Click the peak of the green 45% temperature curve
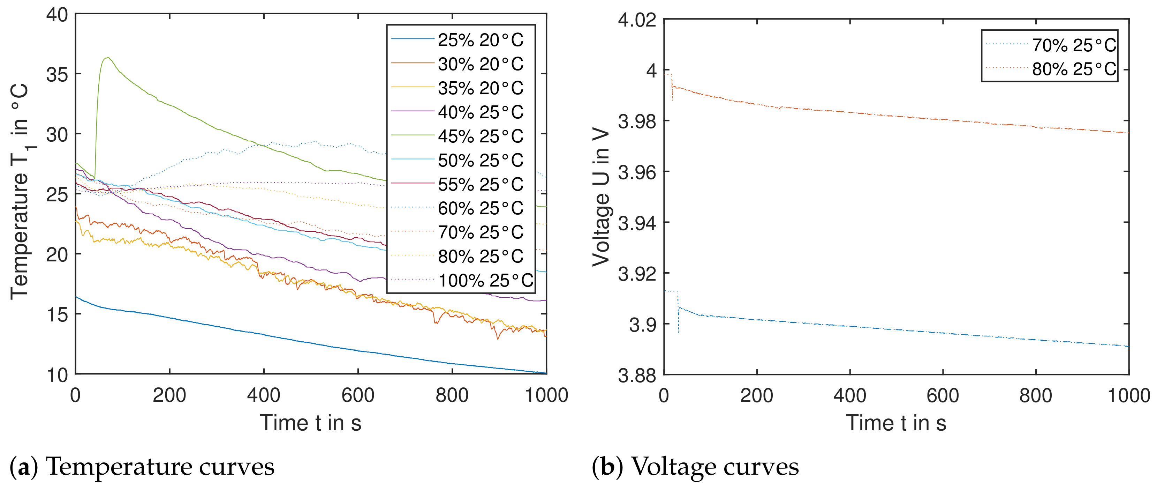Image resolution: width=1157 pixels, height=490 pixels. tap(107, 58)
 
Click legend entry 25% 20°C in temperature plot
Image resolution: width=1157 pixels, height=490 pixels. tap(480, 40)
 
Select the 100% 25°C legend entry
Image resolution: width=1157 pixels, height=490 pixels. tap(485, 281)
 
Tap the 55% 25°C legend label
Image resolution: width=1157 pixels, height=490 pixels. tap(480, 184)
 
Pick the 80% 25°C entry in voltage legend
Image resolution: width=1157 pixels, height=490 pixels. tap(1073, 69)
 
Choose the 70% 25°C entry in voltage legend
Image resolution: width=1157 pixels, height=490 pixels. tap(1073, 45)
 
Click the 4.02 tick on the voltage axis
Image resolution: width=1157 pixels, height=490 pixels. tap(637, 20)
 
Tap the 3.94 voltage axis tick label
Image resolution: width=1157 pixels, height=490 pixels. tap(637, 223)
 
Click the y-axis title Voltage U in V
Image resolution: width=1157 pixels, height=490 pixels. tap(601, 198)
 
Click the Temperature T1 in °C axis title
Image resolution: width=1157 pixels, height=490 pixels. tap(20, 191)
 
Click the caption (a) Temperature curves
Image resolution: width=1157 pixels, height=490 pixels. tap(142, 467)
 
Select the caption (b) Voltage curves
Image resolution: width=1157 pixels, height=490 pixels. tap(695, 467)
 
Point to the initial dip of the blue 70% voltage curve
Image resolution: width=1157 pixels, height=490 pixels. tap(678, 332)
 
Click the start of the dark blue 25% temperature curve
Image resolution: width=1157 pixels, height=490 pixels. tap(76, 297)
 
